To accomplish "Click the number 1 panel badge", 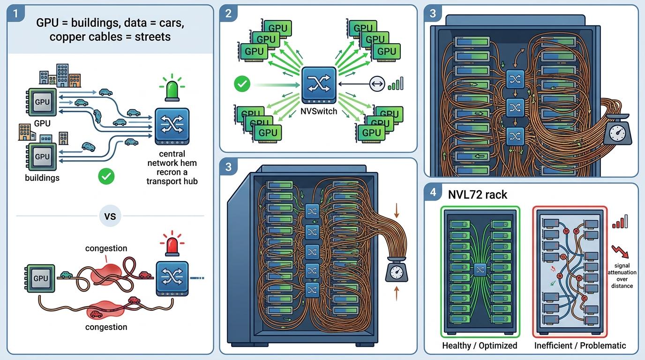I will pos(16,14).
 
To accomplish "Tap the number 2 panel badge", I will pos(228,13).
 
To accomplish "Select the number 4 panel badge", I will pos(433,192).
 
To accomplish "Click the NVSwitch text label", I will pos(318,112).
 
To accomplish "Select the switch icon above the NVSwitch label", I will pos(318,85).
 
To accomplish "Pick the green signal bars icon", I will pos(396,84).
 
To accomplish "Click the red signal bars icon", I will pos(620,222).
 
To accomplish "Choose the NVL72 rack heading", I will pos(478,195).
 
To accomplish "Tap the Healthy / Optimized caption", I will pos(480,345).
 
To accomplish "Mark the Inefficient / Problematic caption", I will pos(580,345).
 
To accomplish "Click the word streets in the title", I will pos(152,37).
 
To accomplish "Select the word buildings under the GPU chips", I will pos(42,178).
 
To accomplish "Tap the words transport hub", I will pos(172,181).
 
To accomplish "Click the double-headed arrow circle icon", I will pos(376,84).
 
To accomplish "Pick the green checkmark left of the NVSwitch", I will pos(242,84).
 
